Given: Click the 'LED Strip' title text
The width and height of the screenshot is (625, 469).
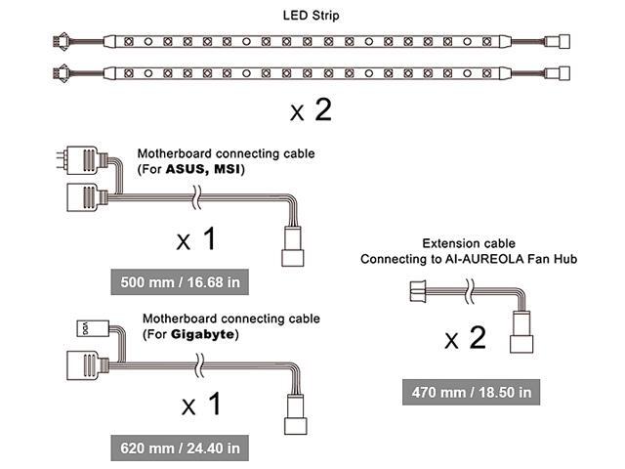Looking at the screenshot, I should (x=312, y=16).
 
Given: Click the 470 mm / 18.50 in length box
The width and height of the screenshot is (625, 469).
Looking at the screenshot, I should (x=469, y=392).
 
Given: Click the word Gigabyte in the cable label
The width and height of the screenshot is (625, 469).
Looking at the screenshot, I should (x=203, y=333).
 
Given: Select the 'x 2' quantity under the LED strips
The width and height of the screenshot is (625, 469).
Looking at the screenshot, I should (x=311, y=110).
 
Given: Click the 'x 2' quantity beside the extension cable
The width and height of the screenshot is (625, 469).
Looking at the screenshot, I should (x=465, y=339).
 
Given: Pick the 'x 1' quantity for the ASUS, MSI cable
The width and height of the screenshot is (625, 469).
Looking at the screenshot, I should (x=195, y=238).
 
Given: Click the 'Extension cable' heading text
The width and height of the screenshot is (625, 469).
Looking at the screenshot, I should (x=468, y=242).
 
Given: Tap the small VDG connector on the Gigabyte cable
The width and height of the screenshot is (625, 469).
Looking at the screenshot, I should (x=84, y=327).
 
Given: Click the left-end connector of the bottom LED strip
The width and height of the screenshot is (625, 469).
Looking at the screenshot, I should (x=61, y=73).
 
